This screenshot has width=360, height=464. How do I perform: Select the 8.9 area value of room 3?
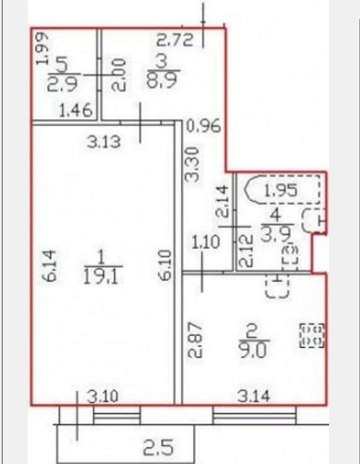pyautogui.click(x=164, y=80)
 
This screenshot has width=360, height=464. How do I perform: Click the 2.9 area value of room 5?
pyautogui.click(x=62, y=84)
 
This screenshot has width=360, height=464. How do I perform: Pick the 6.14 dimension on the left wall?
pyautogui.click(x=49, y=265)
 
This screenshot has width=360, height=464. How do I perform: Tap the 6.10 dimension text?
pyautogui.click(x=165, y=265)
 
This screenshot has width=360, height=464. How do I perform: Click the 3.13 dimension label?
pyautogui.click(x=104, y=142)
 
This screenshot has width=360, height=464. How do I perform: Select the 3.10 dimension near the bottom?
pyautogui.click(x=103, y=397)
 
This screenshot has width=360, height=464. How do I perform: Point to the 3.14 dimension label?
pyautogui.click(x=254, y=397)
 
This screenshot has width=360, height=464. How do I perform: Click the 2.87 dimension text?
pyautogui.click(x=196, y=340)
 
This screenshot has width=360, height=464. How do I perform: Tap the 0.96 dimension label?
pyautogui.click(x=204, y=125)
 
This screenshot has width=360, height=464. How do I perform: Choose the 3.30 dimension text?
pyautogui.click(x=192, y=165)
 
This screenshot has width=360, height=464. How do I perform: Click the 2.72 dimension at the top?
pyautogui.click(x=175, y=40)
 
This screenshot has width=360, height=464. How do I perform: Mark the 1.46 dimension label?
pyautogui.click(x=76, y=111)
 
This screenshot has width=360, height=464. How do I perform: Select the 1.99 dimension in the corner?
pyautogui.click(x=42, y=49)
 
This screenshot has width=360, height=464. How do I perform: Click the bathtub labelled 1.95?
pyautogui.click(x=282, y=190)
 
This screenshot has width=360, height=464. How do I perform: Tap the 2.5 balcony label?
pyautogui.click(x=158, y=447)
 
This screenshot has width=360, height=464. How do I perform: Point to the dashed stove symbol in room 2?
pyautogui.click(x=312, y=335)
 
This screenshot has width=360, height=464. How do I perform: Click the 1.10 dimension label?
pyautogui.click(x=206, y=241)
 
